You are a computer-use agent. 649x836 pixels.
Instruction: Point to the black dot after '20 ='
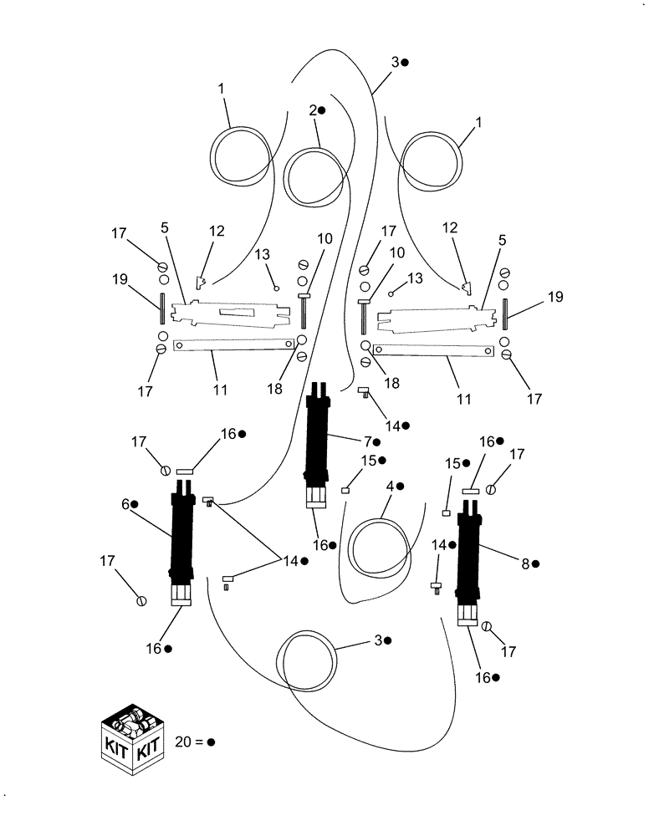tap(212, 742)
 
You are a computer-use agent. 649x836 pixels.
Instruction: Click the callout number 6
tap(125, 504)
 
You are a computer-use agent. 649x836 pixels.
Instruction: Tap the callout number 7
tap(365, 441)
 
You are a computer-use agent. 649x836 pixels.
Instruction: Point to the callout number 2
tap(312, 110)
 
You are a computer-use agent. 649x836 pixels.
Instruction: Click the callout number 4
tap(389, 485)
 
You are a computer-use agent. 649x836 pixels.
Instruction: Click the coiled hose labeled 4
tap(381, 548)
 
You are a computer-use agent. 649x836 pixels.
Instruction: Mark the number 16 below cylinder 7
tap(320, 545)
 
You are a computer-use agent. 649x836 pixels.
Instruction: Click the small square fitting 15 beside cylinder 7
tap(345, 491)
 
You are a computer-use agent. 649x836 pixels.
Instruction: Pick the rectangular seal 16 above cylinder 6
tap(185, 472)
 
